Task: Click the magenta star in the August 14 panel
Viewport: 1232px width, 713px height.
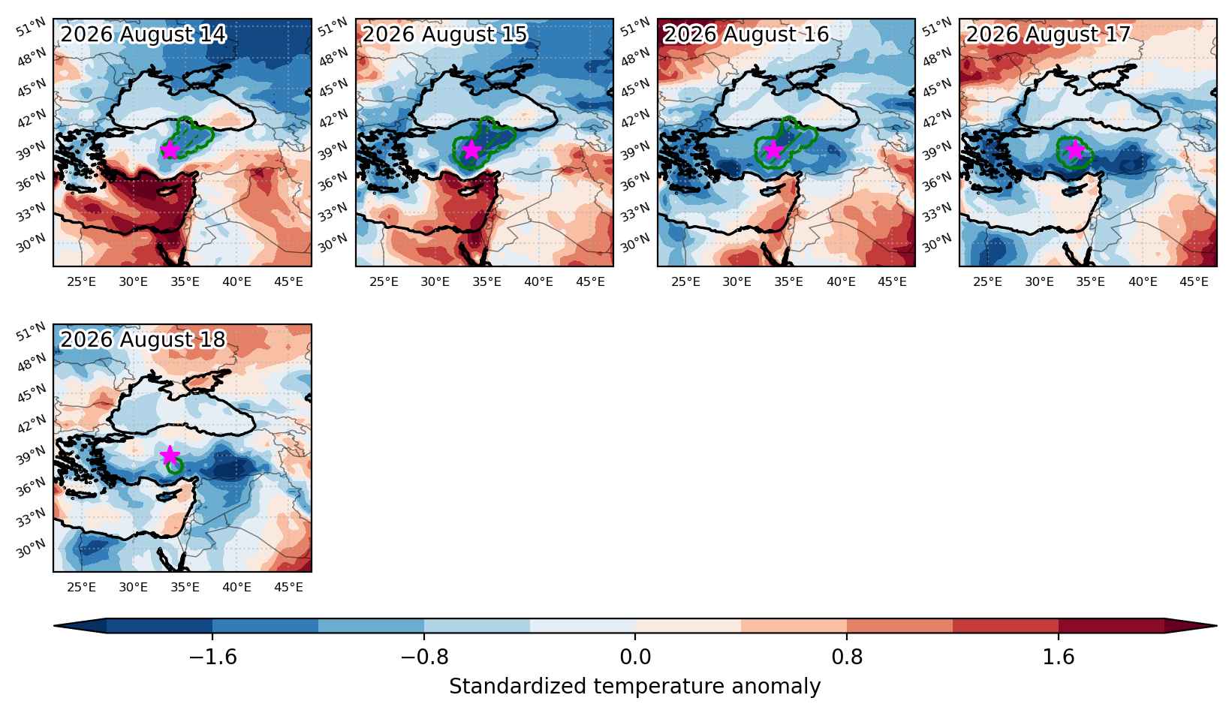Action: [170, 149]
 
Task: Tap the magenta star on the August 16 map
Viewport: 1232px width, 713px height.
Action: [773, 149]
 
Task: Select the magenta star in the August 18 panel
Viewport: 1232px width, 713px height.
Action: [170, 455]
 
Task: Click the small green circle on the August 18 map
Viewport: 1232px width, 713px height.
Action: [174, 466]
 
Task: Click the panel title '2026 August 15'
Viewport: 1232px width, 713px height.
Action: [444, 34]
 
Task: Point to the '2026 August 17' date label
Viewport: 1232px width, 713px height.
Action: [1048, 34]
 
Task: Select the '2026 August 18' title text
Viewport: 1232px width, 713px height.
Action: [143, 339]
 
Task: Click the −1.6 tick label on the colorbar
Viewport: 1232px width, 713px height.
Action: [212, 657]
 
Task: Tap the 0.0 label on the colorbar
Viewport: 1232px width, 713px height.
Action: [635, 657]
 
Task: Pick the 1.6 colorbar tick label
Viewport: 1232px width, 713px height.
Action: [1059, 657]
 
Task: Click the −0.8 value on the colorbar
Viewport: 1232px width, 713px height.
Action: [424, 657]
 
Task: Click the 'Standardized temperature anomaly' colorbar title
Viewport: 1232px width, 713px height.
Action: [634, 686]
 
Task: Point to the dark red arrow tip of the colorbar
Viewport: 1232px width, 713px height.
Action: [1215, 626]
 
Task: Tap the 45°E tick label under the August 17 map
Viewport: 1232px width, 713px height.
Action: [1194, 282]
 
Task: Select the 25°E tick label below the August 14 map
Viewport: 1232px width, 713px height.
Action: [81, 282]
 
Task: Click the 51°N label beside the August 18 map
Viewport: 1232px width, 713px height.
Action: [31, 332]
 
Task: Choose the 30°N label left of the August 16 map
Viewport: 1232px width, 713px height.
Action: [634, 242]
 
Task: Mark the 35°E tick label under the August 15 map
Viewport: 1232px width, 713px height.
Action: [486, 282]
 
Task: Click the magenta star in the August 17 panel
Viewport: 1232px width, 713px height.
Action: [1075, 149]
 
